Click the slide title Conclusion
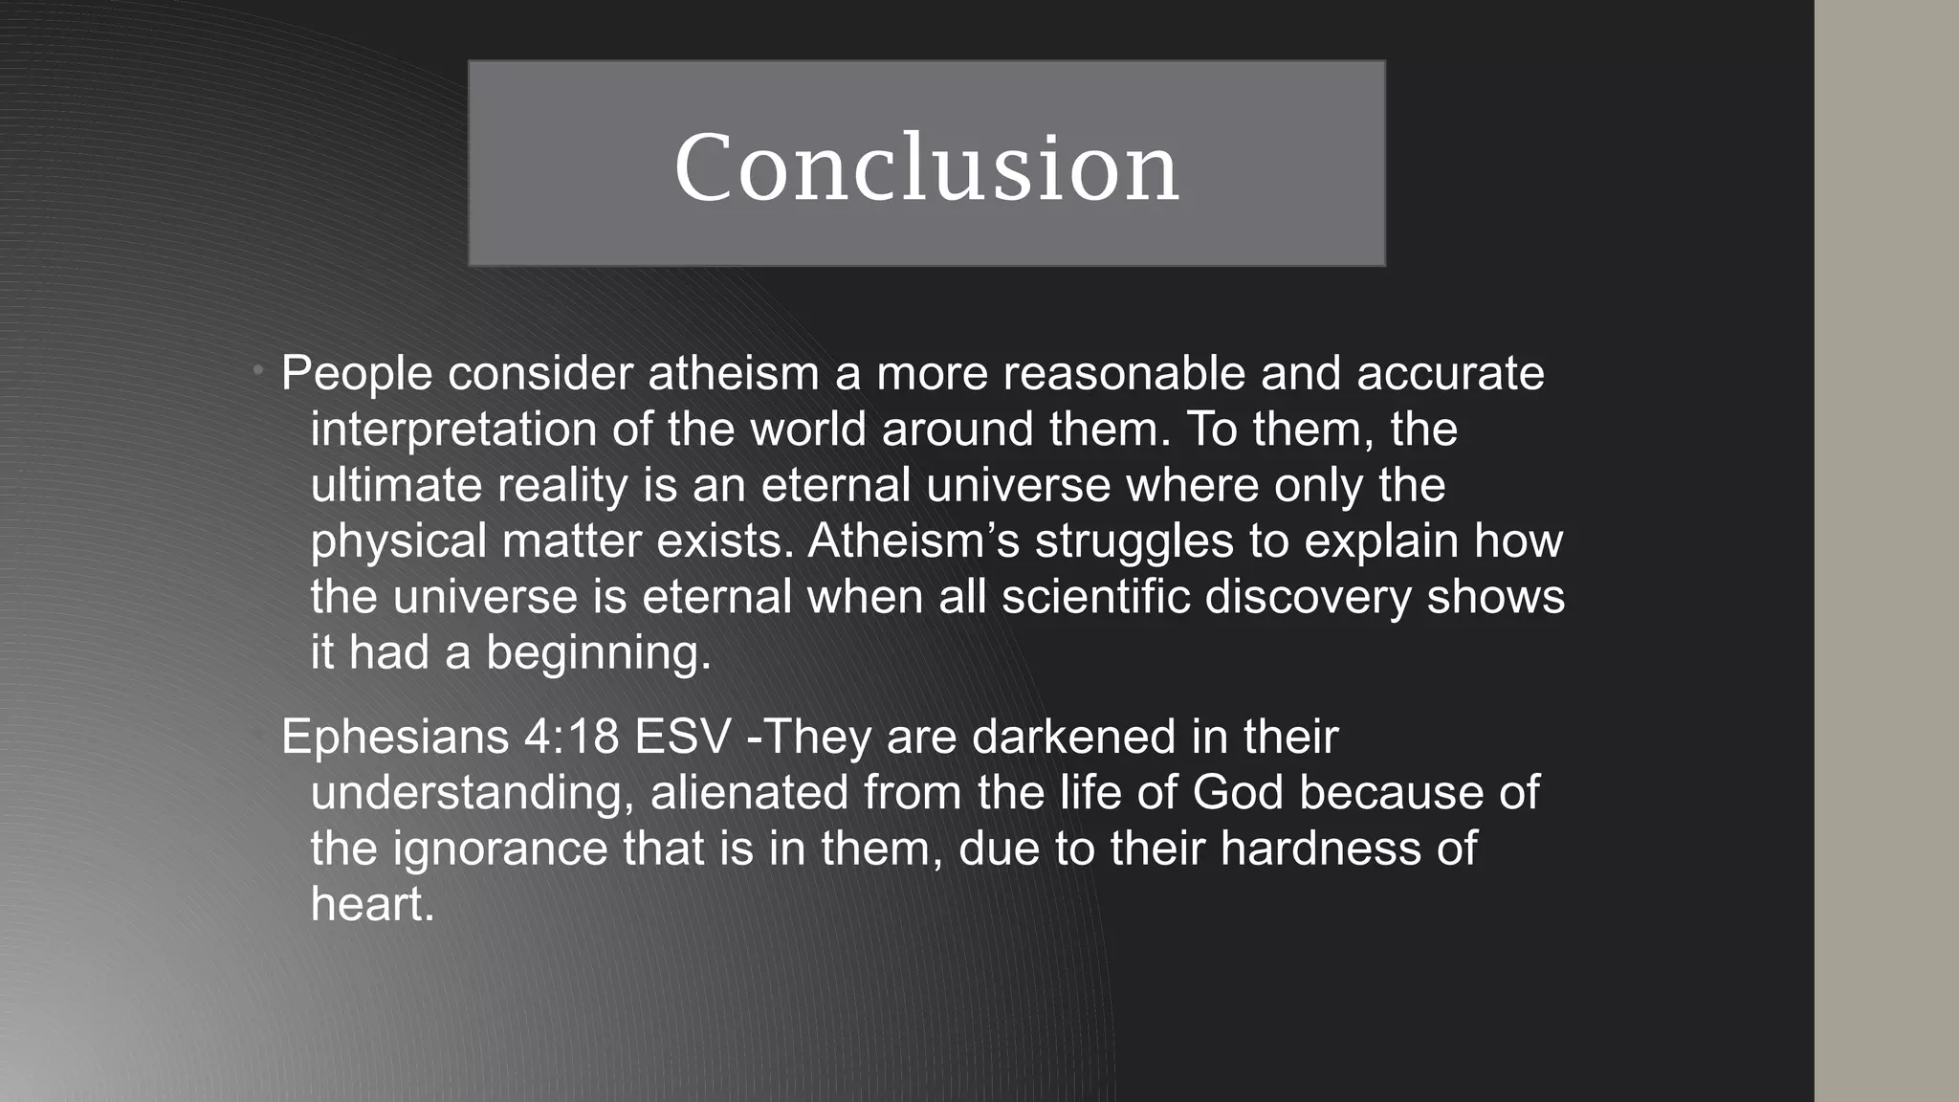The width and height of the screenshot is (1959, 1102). [926, 167]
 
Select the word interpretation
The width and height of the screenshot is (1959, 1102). [453, 430]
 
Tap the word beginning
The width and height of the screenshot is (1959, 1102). [598, 653]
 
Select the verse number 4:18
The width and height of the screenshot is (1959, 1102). [571, 738]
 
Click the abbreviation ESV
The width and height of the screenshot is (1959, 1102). [683, 738]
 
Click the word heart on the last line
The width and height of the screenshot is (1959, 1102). [371, 904]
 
